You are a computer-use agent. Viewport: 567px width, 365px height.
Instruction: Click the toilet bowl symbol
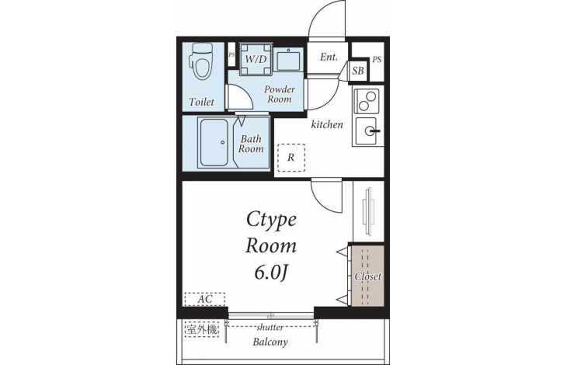202,61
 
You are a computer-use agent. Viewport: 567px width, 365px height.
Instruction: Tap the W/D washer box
256,59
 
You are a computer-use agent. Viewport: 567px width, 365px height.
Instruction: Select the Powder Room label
279,94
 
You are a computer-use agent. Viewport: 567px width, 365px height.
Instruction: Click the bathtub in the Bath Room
215,142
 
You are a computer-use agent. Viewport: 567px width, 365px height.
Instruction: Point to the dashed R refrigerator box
291,157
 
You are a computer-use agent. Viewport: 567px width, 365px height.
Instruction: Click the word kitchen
327,125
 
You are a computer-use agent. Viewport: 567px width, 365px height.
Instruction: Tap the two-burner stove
367,101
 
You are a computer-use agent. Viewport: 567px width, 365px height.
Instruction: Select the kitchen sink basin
367,130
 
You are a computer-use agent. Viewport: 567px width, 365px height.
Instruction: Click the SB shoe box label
358,71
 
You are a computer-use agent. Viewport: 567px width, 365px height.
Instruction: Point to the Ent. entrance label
329,57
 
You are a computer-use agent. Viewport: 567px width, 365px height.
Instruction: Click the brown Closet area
367,276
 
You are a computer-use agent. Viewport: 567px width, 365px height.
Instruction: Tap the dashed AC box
205,299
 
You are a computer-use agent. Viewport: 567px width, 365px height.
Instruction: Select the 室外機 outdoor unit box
202,329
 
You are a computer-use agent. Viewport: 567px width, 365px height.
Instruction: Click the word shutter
270,328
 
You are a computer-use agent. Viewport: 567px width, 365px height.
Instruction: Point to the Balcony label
270,342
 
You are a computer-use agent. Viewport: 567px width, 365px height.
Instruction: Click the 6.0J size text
270,273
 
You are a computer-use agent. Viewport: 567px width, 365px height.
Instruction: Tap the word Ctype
271,220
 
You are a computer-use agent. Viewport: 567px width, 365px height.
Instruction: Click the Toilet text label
201,102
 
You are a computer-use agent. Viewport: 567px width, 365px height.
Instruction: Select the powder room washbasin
288,60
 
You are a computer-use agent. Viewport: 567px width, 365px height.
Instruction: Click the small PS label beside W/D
231,55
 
